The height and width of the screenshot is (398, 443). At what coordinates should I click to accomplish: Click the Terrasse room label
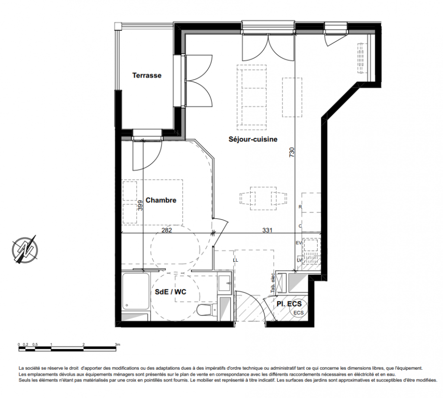147,76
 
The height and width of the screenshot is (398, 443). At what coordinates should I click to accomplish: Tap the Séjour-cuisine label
253,139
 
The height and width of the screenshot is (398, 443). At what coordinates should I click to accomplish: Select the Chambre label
161,200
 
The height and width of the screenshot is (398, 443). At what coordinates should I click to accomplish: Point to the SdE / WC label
171,292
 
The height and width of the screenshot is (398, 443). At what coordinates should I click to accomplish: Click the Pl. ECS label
289,304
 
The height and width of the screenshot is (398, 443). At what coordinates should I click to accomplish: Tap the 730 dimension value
292,152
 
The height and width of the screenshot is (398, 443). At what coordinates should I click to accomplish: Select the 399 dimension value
140,205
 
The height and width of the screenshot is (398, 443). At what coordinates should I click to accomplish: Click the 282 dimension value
167,230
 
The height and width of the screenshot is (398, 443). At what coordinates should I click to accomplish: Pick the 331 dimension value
267,230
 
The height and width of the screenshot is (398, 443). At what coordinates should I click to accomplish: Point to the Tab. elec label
273,283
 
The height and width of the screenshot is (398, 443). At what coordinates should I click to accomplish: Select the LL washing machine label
235,260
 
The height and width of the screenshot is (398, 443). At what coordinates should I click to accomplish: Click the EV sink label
299,243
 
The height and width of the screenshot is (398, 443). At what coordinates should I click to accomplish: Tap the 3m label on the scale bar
117,344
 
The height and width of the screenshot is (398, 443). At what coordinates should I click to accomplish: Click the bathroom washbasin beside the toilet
225,283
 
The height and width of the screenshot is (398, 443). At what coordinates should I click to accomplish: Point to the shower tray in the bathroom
135,292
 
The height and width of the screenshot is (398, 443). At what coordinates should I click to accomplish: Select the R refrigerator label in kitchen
300,207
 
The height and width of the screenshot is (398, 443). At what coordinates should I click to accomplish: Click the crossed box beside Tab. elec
281,283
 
